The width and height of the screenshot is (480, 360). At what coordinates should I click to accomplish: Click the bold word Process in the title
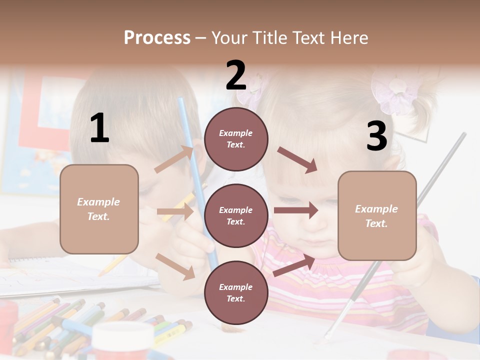tap(157, 37)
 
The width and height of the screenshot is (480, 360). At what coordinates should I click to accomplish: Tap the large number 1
tap(99, 128)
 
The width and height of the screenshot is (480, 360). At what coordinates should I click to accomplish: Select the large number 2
tap(236, 75)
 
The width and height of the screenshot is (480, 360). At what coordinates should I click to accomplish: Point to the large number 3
tap(376, 136)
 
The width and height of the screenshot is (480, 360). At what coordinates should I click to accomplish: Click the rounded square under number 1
tap(99, 209)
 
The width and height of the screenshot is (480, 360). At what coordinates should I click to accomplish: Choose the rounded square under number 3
tap(377, 215)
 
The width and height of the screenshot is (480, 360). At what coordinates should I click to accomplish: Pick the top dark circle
tap(236, 139)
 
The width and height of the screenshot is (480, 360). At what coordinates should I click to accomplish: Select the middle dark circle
tap(236, 215)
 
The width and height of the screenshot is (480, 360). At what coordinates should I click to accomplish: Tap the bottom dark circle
tap(236, 292)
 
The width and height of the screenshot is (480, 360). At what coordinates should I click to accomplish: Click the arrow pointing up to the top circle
tap(174, 159)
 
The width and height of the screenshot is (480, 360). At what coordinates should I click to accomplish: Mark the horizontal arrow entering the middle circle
tap(175, 212)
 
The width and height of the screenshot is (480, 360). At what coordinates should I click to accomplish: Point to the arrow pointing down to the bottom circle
tap(175, 266)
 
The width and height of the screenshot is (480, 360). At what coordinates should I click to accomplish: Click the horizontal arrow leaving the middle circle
tap(296, 210)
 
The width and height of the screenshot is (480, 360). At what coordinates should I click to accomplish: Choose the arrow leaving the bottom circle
tap(294, 265)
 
